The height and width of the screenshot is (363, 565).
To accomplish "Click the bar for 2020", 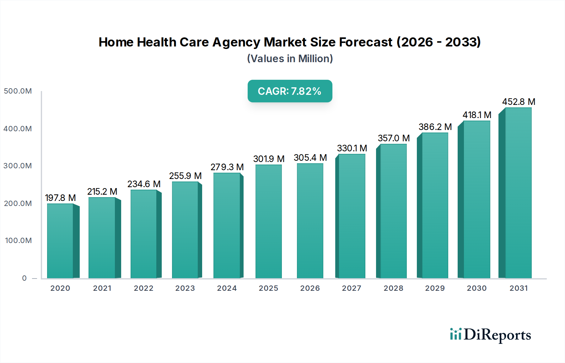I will (60, 241).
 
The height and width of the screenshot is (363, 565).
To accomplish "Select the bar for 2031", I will (518, 193).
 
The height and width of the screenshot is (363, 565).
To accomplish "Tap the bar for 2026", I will (310, 221).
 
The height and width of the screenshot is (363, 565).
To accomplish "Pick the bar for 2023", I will (185, 230).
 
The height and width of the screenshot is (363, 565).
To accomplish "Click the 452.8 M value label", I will (519, 102).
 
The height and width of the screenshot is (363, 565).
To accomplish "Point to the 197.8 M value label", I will (60, 198).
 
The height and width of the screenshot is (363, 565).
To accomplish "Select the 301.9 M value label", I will (269, 159).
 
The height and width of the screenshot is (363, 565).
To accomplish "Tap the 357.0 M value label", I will (394, 138).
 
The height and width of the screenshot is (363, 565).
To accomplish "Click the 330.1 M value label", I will (352, 148).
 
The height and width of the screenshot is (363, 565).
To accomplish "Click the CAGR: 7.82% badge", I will (290, 91).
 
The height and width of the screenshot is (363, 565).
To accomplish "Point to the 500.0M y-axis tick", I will (18, 91).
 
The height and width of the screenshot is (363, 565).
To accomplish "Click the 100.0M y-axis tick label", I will (19, 241).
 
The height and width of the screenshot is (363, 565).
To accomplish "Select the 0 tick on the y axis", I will (24, 278).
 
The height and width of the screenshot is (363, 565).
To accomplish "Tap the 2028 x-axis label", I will (393, 288).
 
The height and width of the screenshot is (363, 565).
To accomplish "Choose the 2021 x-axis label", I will (102, 288).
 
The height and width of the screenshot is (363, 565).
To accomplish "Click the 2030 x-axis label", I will (476, 288).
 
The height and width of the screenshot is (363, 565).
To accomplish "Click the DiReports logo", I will (490, 335).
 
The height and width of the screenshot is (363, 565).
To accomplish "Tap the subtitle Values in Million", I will (290, 59).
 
